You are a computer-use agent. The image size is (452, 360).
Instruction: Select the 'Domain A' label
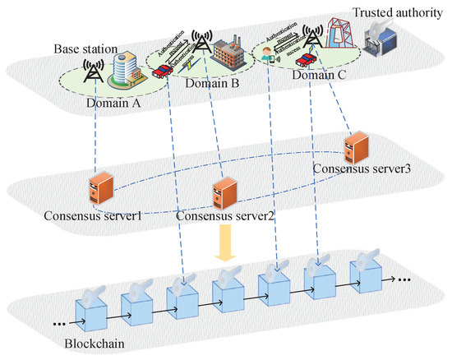click(116, 104)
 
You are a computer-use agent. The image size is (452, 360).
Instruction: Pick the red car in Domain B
click(163, 72)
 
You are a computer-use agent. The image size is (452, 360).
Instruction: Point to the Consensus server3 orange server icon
click(356, 145)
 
